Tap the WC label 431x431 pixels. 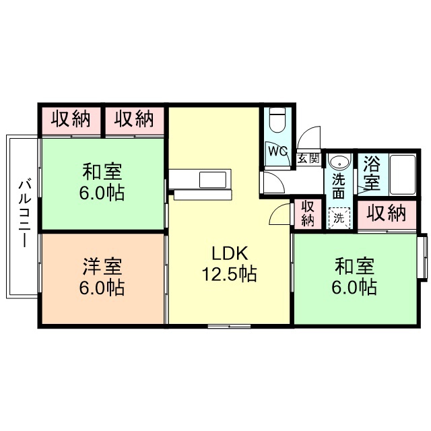tap(277, 152)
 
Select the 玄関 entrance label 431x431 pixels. tap(308, 160)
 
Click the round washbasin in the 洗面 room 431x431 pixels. tap(340, 162)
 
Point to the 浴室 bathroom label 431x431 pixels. tap(372, 172)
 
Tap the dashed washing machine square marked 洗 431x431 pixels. tap(339, 218)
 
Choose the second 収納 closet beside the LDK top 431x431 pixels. tap(133, 120)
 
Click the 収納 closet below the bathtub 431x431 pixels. tap(387, 213)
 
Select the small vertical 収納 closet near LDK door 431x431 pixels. tap(308, 213)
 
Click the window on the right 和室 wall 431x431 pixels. tap(423, 257)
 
